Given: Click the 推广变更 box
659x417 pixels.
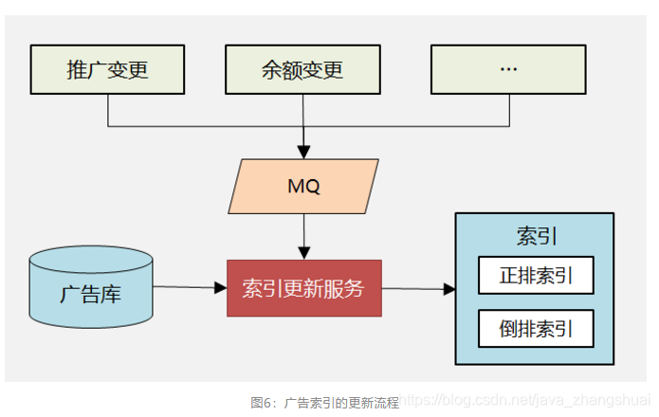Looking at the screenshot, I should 108,69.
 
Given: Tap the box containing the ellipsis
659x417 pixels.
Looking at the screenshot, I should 508,69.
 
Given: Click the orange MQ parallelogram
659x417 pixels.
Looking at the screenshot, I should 303,186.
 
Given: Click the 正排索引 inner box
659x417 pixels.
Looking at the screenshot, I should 536,276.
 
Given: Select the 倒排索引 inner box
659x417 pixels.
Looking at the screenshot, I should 536,329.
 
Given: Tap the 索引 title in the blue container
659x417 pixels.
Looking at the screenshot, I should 534,233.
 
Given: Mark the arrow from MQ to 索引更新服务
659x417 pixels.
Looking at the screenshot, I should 303,237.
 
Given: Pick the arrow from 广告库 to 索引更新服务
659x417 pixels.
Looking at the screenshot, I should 190,287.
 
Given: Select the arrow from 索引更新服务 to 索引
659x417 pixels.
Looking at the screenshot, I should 417,289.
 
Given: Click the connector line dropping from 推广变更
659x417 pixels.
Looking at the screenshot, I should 108,109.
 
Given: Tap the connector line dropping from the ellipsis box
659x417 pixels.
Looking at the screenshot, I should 508,109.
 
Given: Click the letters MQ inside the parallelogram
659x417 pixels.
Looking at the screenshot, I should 303,186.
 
